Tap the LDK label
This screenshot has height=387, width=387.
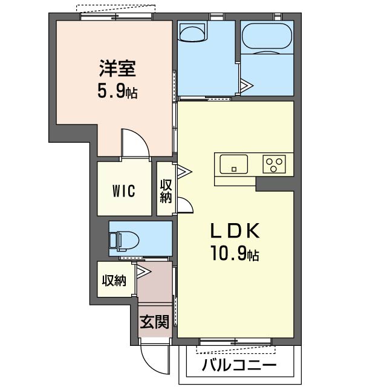point(235,231)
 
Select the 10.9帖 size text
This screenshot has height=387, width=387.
point(235,254)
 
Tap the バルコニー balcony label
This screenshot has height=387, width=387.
point(239,365)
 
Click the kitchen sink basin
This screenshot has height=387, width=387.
point(233,163)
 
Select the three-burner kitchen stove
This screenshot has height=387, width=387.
point(274,164)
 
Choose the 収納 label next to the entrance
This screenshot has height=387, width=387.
point(114,281)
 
